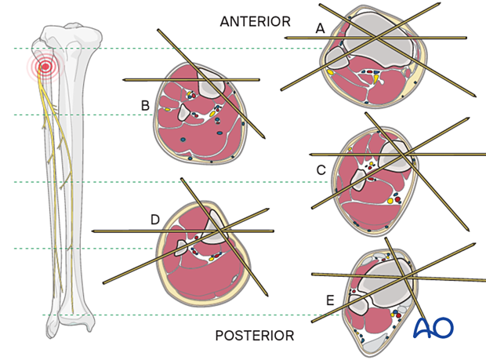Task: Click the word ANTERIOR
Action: click(255, 22)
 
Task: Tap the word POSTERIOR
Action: click(255, 336)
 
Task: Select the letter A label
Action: click(319, 28)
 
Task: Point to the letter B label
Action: click(145, 105)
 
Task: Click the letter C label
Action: click(321, 169)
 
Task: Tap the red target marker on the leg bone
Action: click(45, 67)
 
